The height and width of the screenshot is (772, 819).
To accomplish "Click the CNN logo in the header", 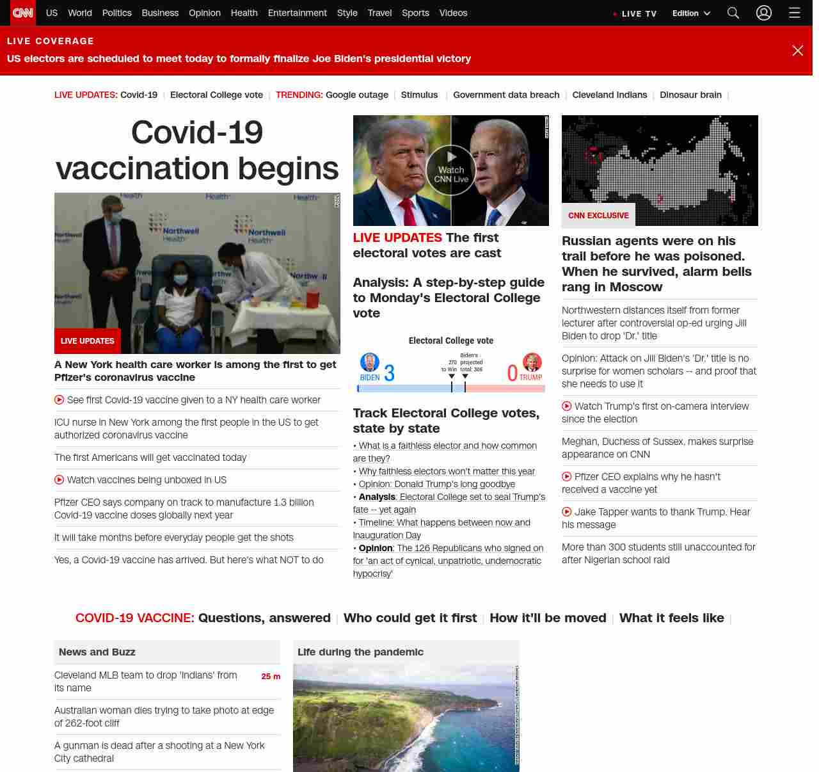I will pos(23,13).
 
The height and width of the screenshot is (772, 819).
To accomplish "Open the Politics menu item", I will pos(116,13).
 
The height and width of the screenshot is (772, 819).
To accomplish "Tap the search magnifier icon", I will pos(733,13).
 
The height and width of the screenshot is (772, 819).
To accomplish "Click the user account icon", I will pos(764,13).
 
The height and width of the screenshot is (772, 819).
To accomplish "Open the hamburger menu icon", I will pos(795,13).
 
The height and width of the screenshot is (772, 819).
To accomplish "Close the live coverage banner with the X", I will pos(797,51).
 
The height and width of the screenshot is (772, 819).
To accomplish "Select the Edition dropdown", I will pos(691,13).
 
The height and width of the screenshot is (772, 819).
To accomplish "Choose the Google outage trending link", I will pos(356,95).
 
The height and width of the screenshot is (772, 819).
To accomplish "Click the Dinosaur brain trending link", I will pos(690,95).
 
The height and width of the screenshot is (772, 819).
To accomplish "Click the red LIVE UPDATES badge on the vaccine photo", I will pos(88,341).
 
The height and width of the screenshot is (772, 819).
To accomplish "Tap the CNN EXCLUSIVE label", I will pos(598,215).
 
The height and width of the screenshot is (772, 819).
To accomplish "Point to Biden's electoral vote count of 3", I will pos(389,373).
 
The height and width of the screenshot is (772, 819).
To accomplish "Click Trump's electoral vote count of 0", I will pos(512,373).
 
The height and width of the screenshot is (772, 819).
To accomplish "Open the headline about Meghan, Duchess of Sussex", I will pos(657,448).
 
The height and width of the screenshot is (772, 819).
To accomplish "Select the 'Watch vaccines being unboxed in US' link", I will pos(147,480).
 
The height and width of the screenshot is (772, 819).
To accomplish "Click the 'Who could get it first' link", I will pos(409,618).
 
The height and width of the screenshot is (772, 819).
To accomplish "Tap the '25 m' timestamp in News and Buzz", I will pos(271,676).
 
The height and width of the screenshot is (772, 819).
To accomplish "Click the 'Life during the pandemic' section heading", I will pos(360,652).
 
